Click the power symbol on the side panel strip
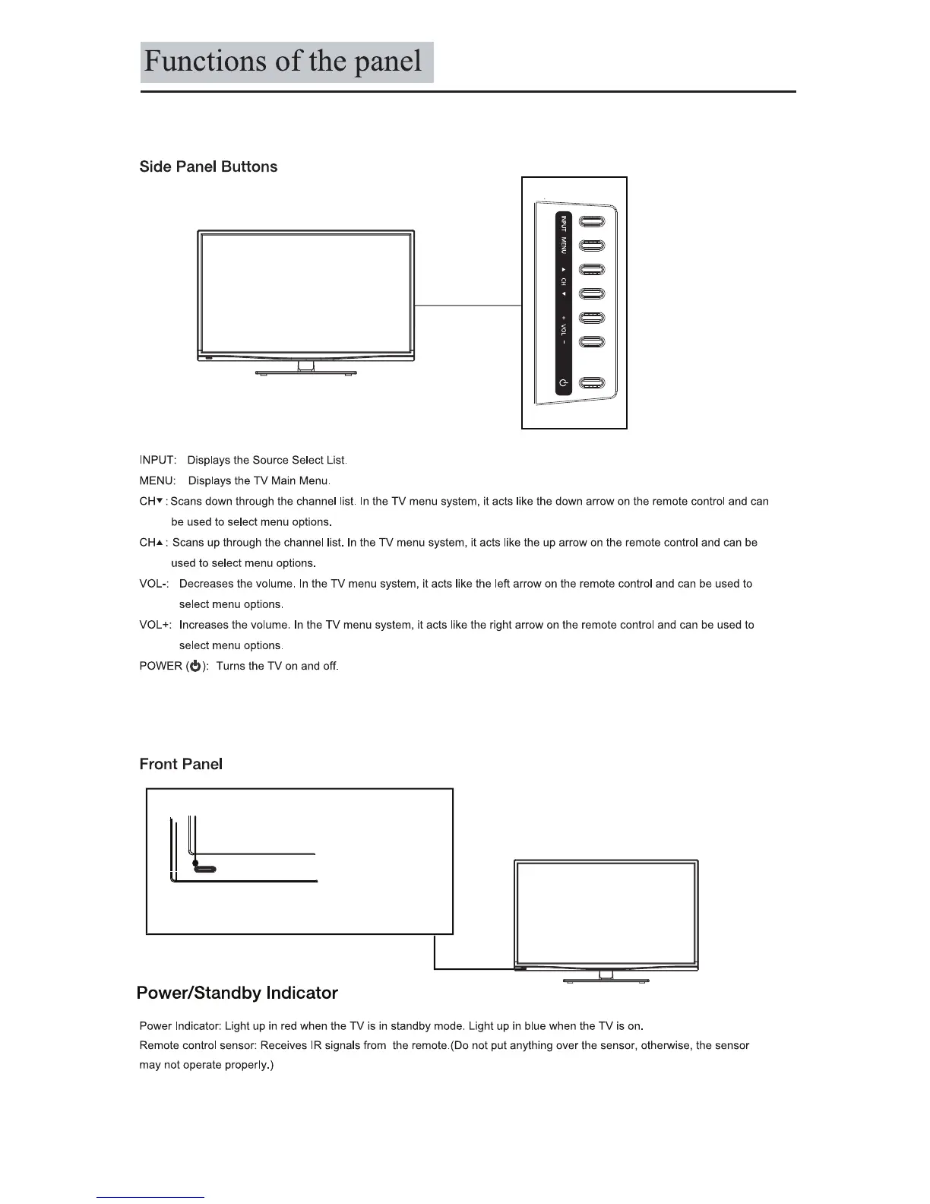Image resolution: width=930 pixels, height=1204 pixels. pyautogui.click(x=563, y=383)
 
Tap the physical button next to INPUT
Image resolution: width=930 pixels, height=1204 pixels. pyautogui.click(x=591, y=222)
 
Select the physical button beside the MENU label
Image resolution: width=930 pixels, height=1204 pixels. pyautogui.click(x=591, y=246)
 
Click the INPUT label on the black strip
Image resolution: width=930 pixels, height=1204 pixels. pyautogui.click(x=563, y=223)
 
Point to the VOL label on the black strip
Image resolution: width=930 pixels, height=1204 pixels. pyautogui.click(x=563, y=330)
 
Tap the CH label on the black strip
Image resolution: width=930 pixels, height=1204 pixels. pyautogui.click(x=563, y=281)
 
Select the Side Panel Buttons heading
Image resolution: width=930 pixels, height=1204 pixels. pyautogui.click(x=208, y=167)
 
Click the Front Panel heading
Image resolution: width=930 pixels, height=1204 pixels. pyautogui.click(x=181, y=765)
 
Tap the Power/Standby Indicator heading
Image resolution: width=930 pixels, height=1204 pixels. pyautogui.click(x=237, y=993)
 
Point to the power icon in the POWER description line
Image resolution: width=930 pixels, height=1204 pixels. pyautogui.click(x=195, y=667)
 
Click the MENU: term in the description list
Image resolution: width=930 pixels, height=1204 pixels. pyautogui.click(x=158, y=481)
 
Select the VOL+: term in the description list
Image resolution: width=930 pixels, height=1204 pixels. pyautogui.click(x=156, y=625)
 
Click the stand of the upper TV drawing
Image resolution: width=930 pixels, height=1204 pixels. pyautogui.click(x=305, y=369)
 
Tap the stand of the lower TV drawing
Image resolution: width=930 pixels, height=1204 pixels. pyautogui.click(x=606, y=978)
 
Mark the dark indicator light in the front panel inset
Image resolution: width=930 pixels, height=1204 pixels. pyautogui.click(x=196, y=863)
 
